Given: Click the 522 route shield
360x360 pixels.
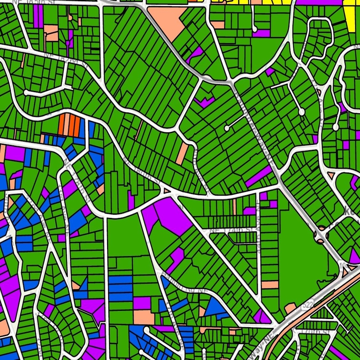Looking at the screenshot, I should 310,306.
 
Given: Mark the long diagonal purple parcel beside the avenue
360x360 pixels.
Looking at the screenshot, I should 260,175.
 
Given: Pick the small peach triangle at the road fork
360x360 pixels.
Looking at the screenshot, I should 167,191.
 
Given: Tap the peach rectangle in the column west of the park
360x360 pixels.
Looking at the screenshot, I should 270,284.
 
